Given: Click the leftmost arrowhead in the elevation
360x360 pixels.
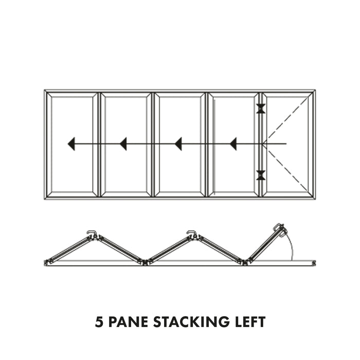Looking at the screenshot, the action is [71, 144].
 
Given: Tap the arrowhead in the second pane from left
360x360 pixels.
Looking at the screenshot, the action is [123, 144].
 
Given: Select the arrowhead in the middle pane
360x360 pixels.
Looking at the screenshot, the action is [178, 144].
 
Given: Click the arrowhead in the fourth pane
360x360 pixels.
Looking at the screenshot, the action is [233, 144].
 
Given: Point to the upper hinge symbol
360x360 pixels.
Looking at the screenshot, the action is [261, 109].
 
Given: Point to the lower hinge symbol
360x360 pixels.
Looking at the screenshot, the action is [261, 175].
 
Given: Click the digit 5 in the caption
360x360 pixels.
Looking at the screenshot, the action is [99, 321].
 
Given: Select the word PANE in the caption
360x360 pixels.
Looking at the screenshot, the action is [128, 321].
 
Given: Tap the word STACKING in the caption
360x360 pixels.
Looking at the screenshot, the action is [191, 321].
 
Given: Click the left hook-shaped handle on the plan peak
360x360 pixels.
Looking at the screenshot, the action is [92, 233].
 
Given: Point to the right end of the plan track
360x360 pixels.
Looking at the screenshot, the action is [314, 263].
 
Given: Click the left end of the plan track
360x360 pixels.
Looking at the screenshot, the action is [46, 263].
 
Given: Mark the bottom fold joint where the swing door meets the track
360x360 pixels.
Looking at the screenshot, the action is [246, 262].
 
